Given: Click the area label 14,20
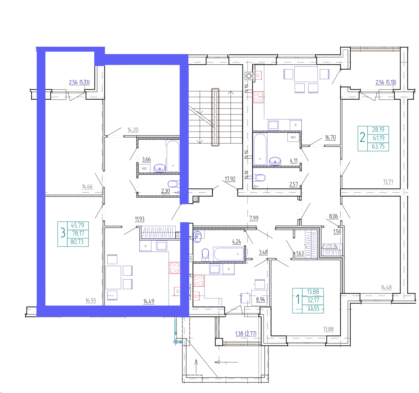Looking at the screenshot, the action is coord(133,130).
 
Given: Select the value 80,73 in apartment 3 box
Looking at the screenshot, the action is coord(77,242).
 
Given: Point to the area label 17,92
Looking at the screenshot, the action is coord(230,179).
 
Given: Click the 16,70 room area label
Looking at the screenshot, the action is coord(330,138).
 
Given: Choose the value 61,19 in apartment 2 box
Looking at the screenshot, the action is coord(379,138).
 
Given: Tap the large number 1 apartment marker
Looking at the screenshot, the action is coord(297,299).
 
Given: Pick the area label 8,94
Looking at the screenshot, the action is coord(261,299).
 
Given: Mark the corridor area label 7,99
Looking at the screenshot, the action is coord(254,218).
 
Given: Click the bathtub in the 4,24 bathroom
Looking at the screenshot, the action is coord(229,254).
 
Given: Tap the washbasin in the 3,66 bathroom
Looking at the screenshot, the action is coord(160,168).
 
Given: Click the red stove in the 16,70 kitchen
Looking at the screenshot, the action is coord(258,97).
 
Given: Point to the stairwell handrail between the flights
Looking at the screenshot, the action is coord(215,117).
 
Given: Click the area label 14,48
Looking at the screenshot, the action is coord(386,287).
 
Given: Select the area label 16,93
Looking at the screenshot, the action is coord(90,301).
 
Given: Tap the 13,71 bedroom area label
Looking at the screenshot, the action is coord(388,182).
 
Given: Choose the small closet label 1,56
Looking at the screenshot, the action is coord(337,231).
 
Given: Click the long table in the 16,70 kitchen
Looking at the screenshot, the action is coord(306,74).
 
